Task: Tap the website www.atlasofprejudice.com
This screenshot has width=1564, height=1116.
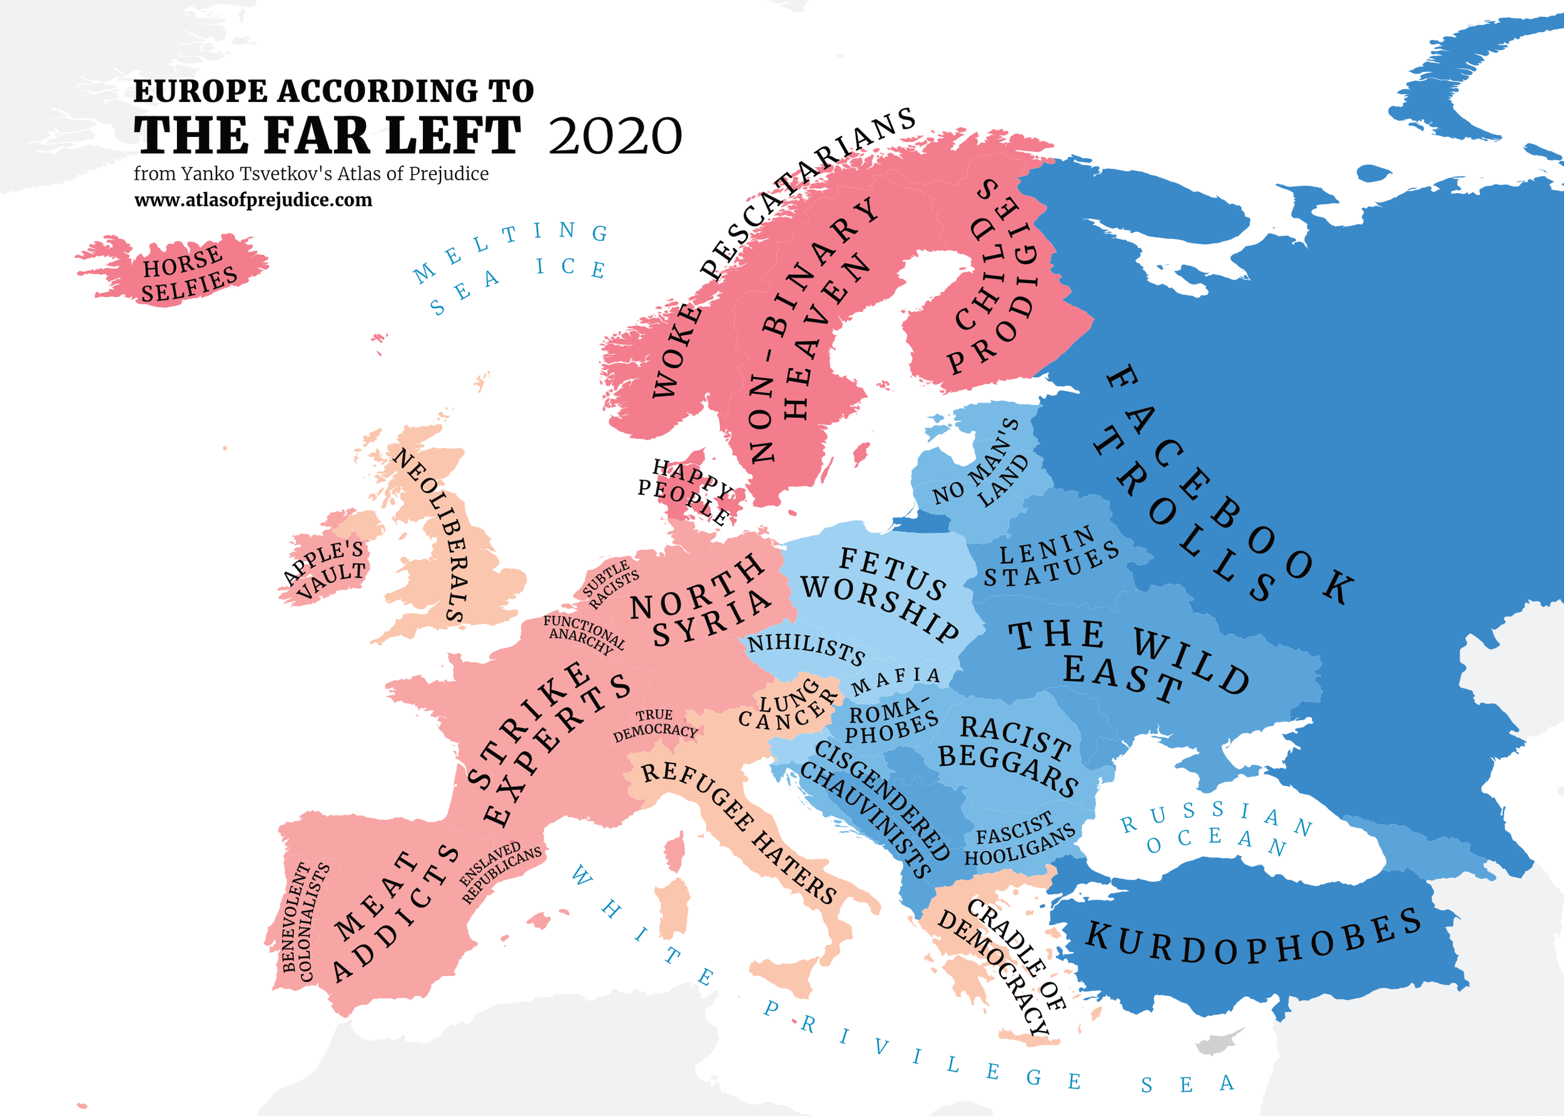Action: pos(253,200)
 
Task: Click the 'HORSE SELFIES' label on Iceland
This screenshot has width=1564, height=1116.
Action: pos(188,273)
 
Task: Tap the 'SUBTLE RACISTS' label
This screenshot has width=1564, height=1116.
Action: pos(611,583)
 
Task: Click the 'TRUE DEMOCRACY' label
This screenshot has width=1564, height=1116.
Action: pos(655,724)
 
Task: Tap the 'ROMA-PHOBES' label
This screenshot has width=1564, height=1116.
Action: pos(891,721)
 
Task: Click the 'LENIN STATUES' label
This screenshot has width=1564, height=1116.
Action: pos(1050,558)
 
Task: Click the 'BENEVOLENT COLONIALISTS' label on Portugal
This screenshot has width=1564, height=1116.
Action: pos(305,921)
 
